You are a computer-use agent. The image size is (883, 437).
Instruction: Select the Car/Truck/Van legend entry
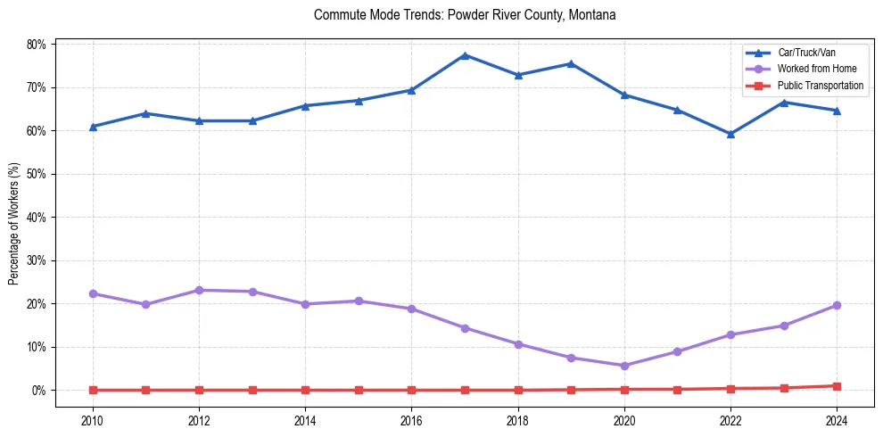click(x=806, y=53)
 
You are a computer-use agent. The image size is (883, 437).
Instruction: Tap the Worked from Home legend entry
click(x=812, y=69)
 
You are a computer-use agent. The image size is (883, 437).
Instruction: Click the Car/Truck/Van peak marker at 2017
click(x=465, y=55)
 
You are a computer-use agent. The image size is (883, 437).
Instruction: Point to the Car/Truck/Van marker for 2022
click(x=730, y=134)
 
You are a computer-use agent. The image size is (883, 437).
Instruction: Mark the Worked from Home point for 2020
click(x=624, y=366)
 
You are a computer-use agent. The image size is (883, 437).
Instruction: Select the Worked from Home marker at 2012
click(x=199, y=290)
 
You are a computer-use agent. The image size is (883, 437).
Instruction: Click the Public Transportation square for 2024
click(x=837, y=386)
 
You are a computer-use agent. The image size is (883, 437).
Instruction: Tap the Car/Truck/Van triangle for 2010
click(x=93, y=127)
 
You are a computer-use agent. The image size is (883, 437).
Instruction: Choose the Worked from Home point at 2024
click(x=837, y=305)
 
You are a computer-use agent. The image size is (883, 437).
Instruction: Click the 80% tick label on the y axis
click(x=37, y=44)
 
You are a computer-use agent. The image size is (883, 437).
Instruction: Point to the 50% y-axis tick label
click(x=37, y=174)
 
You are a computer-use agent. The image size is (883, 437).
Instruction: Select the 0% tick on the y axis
click(x=39, y=391)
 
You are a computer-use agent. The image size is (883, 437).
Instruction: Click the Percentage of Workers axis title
click(x=13, y=223)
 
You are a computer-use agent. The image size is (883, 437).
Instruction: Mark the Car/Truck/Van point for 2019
click(x=571, y=63)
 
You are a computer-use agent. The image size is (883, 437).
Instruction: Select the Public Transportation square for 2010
click(x=93, y=390)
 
